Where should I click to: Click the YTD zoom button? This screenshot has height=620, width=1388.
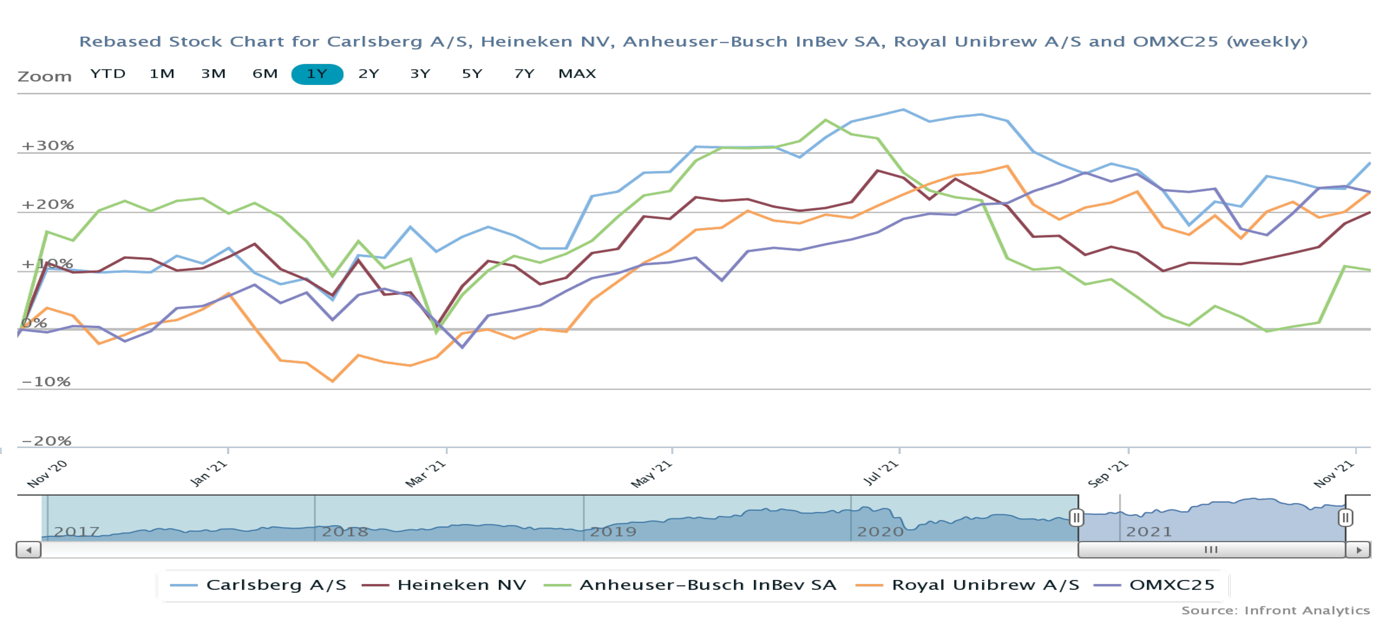[108, 74]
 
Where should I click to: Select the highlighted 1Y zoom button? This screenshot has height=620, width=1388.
[317, 74]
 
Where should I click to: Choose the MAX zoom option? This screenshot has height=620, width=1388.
[576, 74]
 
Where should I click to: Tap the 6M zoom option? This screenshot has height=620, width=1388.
[264, 74]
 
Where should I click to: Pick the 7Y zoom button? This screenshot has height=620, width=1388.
[524, 74]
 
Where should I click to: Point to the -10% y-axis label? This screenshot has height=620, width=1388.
[46, 382]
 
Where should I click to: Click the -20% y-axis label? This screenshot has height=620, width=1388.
[46, 441]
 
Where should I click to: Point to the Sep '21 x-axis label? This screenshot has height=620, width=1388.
[1108, 474]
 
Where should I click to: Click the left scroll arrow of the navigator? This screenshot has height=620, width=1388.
[29, 550]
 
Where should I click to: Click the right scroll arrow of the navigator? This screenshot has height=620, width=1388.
[1358, 550]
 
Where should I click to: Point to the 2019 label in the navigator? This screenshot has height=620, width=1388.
[613, 532]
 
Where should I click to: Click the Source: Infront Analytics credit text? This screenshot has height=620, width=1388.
[1275, 610]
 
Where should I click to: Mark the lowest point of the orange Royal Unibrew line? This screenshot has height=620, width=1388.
[332, 381]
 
